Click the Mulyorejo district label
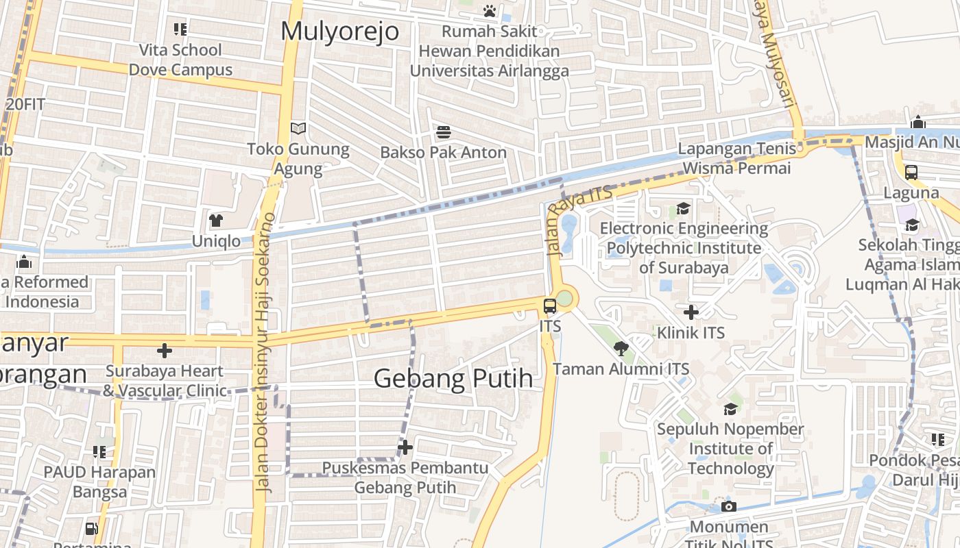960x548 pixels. click(339, 32)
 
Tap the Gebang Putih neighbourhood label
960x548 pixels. click(453, 378)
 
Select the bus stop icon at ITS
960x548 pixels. click(550, 306)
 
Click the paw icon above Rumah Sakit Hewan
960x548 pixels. click(489, 11)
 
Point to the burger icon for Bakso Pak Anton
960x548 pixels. click(444, 132)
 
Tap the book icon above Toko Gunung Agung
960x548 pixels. click(298, 128)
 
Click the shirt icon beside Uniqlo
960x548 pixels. click(216, 221)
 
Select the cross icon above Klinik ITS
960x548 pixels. click(691, 313)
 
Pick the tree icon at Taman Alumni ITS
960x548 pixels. click(621, 349)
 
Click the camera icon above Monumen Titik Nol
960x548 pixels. click(728, 507)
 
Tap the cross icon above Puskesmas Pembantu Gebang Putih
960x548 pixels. click(405, 447)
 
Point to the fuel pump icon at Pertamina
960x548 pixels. click(91, 528)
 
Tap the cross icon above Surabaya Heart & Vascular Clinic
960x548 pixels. click(165, 351)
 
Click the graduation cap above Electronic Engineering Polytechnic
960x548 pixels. click(683, 208)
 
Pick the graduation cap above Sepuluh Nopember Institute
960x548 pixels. click(730, 409)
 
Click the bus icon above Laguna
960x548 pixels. click(911, 173)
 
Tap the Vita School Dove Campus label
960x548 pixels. click(181, 60)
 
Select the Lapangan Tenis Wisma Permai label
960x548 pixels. click(737, 158)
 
